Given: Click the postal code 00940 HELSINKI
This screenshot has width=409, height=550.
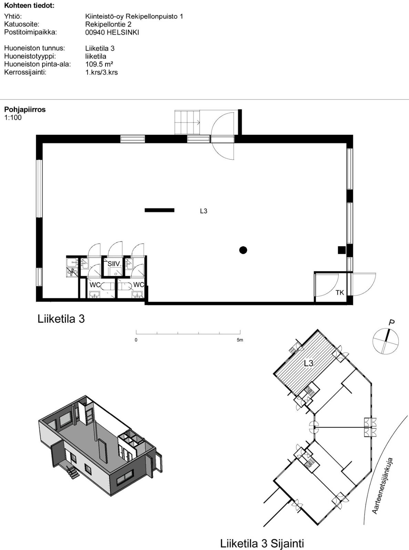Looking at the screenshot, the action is (112, 32).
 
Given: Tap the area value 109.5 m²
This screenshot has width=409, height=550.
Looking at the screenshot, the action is (99, 64).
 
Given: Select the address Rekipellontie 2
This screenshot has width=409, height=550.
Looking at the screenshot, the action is (108, 24).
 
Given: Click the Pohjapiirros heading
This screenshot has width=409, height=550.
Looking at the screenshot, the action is (25, 110).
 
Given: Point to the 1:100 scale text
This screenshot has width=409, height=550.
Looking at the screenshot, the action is (13, 118).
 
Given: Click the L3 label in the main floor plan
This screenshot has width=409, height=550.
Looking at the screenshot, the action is (204, 211).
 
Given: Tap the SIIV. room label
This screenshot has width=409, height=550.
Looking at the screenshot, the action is (114, 264).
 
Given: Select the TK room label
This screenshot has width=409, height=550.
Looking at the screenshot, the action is (340, 293).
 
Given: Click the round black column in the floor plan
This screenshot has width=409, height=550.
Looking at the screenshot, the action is (243, 250).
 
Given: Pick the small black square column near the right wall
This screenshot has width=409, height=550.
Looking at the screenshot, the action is (342, 250).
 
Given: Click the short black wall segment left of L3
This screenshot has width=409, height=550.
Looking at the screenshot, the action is (160, 210).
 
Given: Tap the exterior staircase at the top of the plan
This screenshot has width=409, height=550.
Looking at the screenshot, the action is (187, 122).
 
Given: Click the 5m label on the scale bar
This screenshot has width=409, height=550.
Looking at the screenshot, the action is (240, 340).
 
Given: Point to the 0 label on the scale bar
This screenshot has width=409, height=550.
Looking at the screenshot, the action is (136, 340).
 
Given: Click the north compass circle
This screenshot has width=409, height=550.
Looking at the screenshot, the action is (386, 342).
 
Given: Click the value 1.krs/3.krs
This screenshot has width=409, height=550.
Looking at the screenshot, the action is (101, 73).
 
